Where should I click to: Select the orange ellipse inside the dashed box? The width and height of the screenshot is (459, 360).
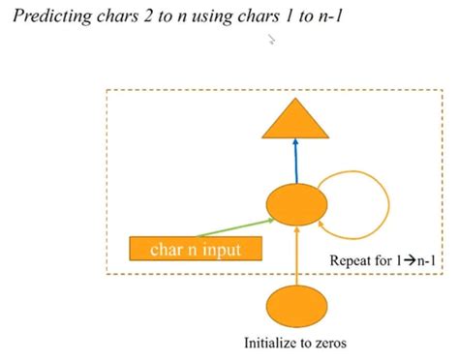293,205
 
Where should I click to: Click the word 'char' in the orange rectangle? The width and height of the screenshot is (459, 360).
167,250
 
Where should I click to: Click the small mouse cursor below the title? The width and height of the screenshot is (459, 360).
272,41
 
